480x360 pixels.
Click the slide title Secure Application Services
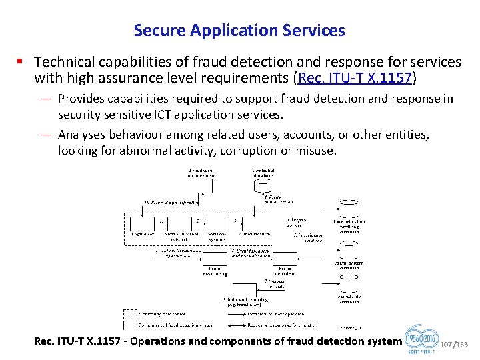tap(239, 30)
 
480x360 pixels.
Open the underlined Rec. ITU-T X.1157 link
tap(356, 79)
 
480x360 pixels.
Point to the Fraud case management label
tap(201, 173)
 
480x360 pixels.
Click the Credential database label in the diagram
tap(263, 173)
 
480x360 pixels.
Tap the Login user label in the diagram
tap(143, 234)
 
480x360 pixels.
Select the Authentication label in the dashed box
tap(254, 234)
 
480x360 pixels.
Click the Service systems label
tap(217, 236)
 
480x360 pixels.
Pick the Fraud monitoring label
tap(215, 271)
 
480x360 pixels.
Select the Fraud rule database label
tap(349, 299)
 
